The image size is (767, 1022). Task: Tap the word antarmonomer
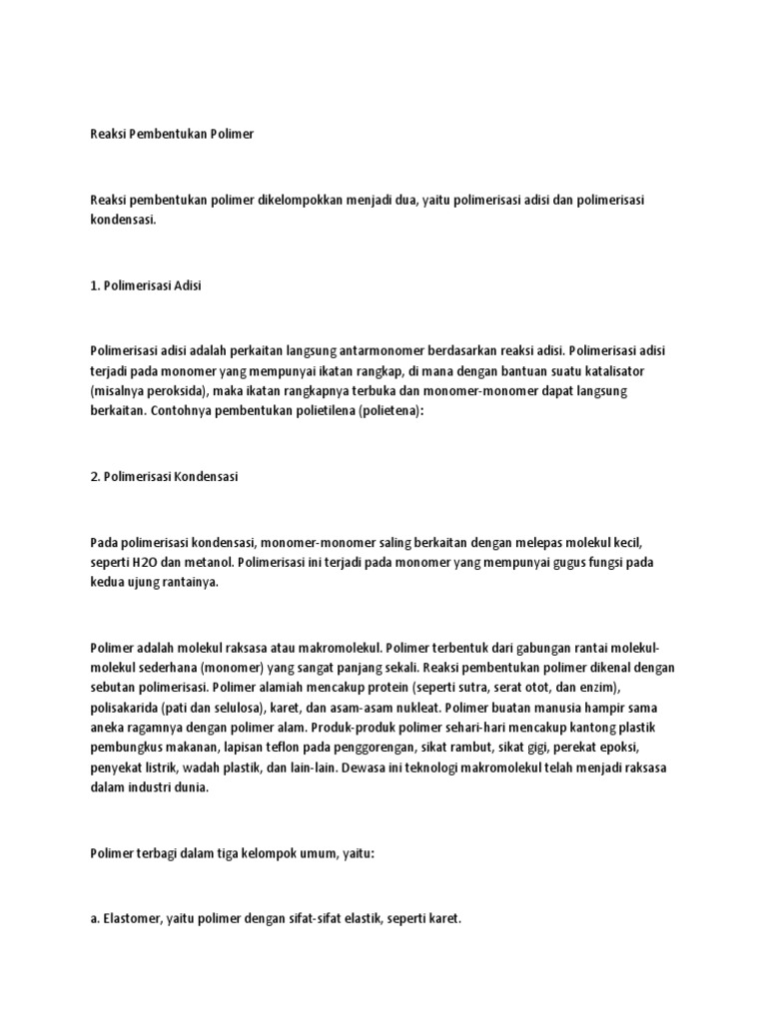tap(344, 350)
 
